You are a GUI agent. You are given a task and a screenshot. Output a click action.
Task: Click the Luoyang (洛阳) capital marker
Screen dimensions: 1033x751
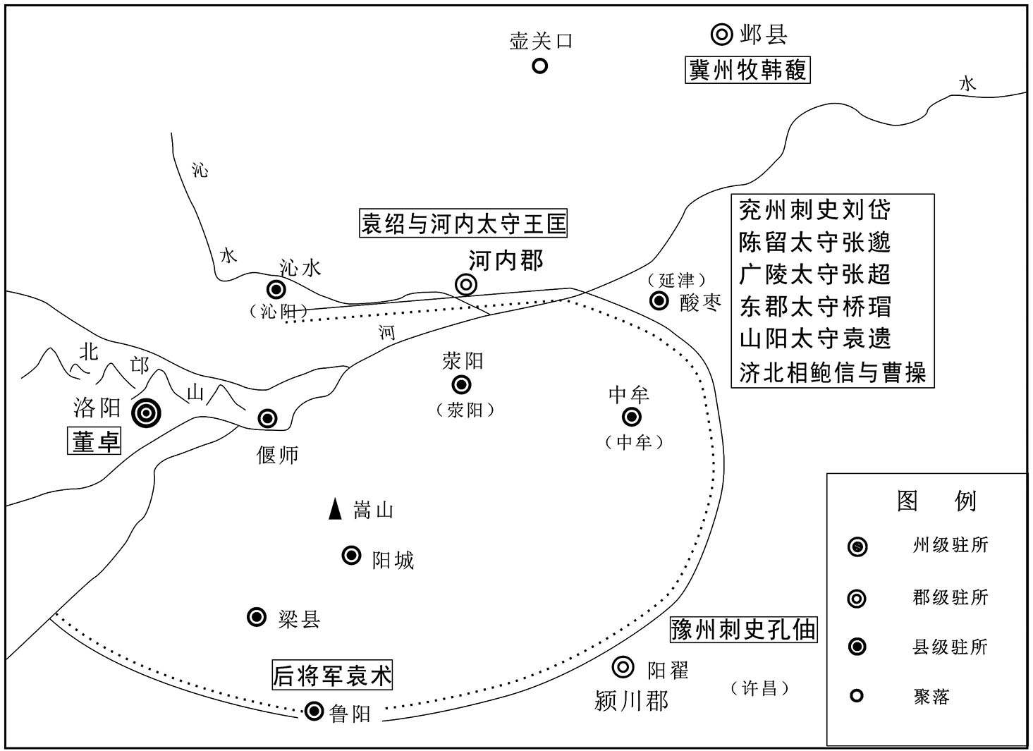coord(146,413)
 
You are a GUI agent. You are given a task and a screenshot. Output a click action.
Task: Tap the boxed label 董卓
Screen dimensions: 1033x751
coord(94,441)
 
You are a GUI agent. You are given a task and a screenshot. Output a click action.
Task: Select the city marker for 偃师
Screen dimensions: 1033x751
coord(267,418)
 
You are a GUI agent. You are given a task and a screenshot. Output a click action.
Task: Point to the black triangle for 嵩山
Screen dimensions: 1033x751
coord(335,509)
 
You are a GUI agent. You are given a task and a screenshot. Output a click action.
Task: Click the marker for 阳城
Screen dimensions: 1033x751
coord(351,555)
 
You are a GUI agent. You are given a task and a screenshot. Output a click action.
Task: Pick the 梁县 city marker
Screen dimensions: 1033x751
coord(257,617)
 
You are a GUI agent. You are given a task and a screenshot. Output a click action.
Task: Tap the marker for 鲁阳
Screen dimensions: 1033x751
coord(314,712)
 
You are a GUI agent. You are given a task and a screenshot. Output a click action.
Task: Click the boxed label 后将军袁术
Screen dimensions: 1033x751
coord(332,674)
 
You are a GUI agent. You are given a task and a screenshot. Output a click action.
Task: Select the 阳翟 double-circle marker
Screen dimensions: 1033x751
coord(623,666)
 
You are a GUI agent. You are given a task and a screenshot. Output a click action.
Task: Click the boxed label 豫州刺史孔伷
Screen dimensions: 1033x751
coord(743,629)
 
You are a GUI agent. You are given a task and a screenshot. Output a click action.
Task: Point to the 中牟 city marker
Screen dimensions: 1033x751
coord(631,417)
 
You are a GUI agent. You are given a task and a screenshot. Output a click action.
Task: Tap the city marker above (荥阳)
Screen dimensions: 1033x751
coord(461,384)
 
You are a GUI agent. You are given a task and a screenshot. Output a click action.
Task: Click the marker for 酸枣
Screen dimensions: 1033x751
coord(659,301)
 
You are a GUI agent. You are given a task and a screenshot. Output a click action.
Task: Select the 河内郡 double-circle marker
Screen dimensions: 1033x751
coord(466,285)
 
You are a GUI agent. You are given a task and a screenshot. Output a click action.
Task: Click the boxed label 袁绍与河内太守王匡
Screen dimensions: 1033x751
coord(463,224)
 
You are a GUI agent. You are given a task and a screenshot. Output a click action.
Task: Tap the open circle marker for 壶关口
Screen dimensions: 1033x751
coord(539,66)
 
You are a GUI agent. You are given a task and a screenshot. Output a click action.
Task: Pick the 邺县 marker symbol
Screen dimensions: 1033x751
coord(721,34)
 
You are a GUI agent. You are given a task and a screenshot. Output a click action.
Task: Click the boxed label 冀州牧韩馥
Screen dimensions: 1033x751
coord(747,70)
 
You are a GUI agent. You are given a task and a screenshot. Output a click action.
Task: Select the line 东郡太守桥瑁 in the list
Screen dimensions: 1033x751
coord(815,307)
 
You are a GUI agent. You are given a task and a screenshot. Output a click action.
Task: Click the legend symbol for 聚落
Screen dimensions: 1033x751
coord(857,695)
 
